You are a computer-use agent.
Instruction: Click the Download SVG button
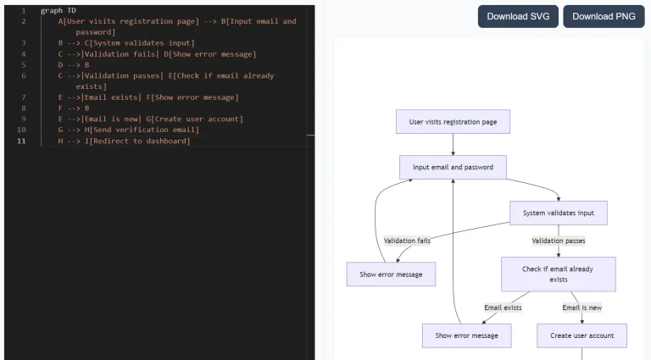click(x=517, y=16)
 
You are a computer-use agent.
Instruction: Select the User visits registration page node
click(x=453, y=122)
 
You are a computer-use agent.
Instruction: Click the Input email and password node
click(x=453, y=167)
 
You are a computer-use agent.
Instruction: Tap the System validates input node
click(x=559, y=213)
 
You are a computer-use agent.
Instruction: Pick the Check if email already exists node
click(x=558, y=274)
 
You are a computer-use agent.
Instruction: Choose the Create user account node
click(x=581, y=335)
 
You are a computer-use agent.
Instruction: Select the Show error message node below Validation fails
click(x=391, y=274)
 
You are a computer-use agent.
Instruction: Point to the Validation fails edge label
click(x=407, y=241)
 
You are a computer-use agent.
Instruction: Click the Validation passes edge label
click(x=559, y=241)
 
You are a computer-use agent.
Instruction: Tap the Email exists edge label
click(x=503, y=307)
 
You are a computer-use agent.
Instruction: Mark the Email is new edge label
click(x=582, y=307)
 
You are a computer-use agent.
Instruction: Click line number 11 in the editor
click(x=21, y=141)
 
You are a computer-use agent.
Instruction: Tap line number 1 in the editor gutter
click(x=23, y=10)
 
